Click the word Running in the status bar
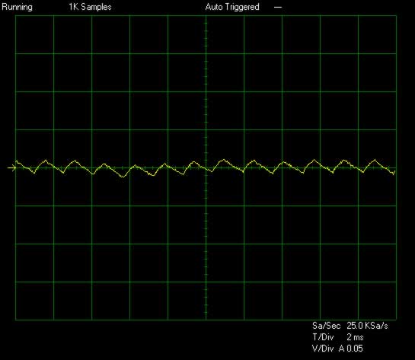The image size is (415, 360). [18, 7]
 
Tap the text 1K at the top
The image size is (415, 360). [74, 7]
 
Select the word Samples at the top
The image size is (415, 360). [97, 7]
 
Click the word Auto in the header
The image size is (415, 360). [214, 7]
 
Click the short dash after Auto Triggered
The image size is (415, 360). [278, 7]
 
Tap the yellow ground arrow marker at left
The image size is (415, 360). [11, 167]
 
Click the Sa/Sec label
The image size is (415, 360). [327, 325]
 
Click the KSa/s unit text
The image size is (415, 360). [376, 325]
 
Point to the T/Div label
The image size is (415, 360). [323, 337]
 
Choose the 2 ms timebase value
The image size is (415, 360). [355, 337]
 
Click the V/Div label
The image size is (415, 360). [323, 349]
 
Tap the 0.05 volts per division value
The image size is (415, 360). [355, 349]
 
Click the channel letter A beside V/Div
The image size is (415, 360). [342, 349]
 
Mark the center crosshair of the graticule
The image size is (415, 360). [206, 167]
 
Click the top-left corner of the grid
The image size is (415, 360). [16, 16]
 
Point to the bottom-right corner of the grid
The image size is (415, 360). [396, 320]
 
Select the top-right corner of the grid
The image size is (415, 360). [396, 16]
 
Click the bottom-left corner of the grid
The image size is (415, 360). [16, 320]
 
